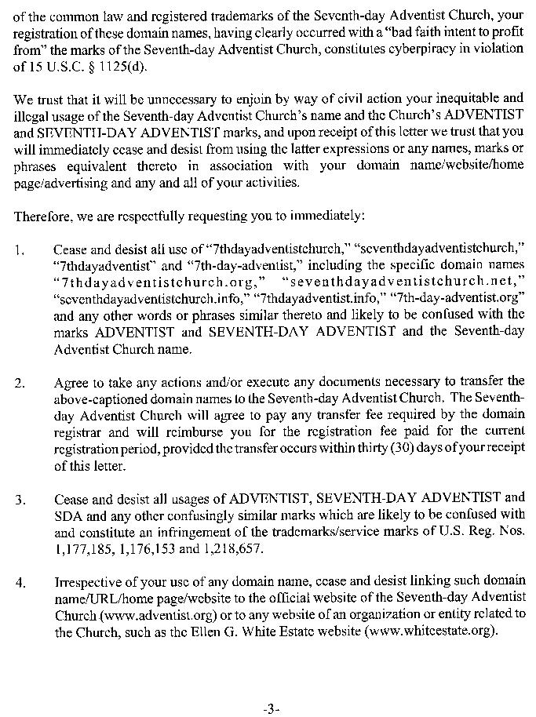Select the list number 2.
(x=20, y=384)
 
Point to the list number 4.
(x=20, y=583)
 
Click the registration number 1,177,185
(x=83, y=549)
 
